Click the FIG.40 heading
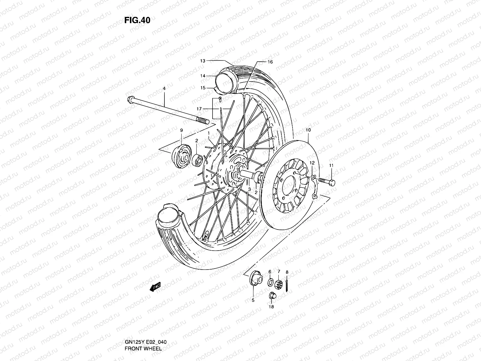[137, 20]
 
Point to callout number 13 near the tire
[203, 61]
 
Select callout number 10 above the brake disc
[308, 130]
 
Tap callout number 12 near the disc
[312, 163]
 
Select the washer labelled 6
[270, 282]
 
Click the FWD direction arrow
[155, 286]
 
